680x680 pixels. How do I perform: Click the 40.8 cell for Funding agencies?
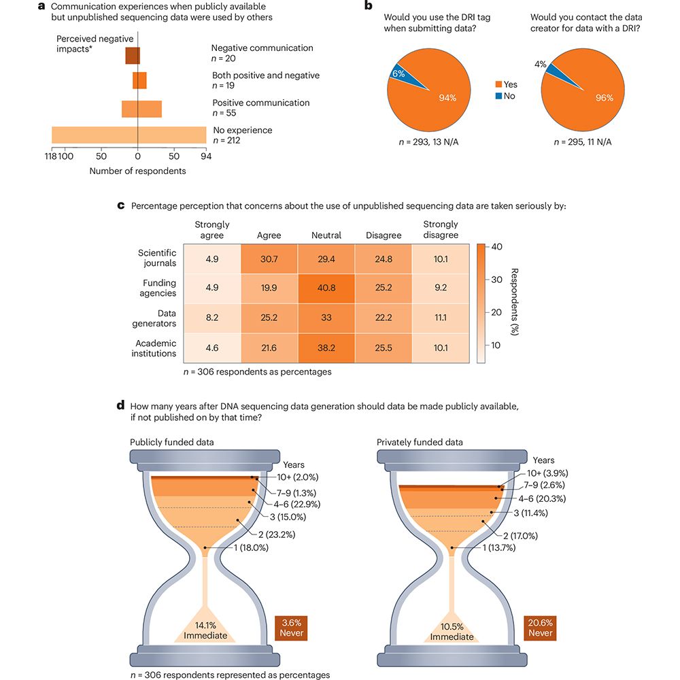[x=326, y=288]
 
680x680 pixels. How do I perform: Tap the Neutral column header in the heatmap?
[x=326, y=235]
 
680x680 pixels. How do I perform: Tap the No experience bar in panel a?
[x=129, y=135]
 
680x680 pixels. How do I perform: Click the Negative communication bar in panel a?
[x=133, y=55]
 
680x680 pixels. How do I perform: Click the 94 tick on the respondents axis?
[x=206, y=156]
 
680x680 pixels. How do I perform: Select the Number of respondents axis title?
[x=137, y=171]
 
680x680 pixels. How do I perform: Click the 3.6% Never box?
[x=290, y=628]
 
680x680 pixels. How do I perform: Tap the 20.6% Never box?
[x=540, y=628]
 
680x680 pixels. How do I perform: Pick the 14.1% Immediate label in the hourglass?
[x=205, y=630]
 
